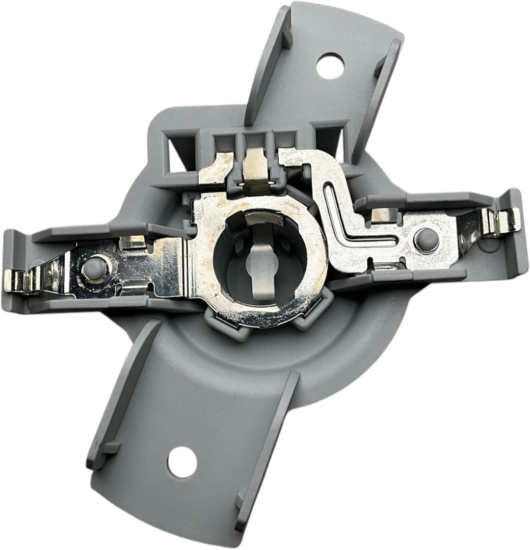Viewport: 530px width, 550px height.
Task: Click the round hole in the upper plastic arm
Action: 330,65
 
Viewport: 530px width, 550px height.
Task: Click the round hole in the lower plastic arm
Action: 182,462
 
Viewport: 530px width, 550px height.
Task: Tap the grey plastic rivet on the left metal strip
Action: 93,269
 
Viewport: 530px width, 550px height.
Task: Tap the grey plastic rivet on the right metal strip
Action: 425,240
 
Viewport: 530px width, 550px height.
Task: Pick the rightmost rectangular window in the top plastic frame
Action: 328,140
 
